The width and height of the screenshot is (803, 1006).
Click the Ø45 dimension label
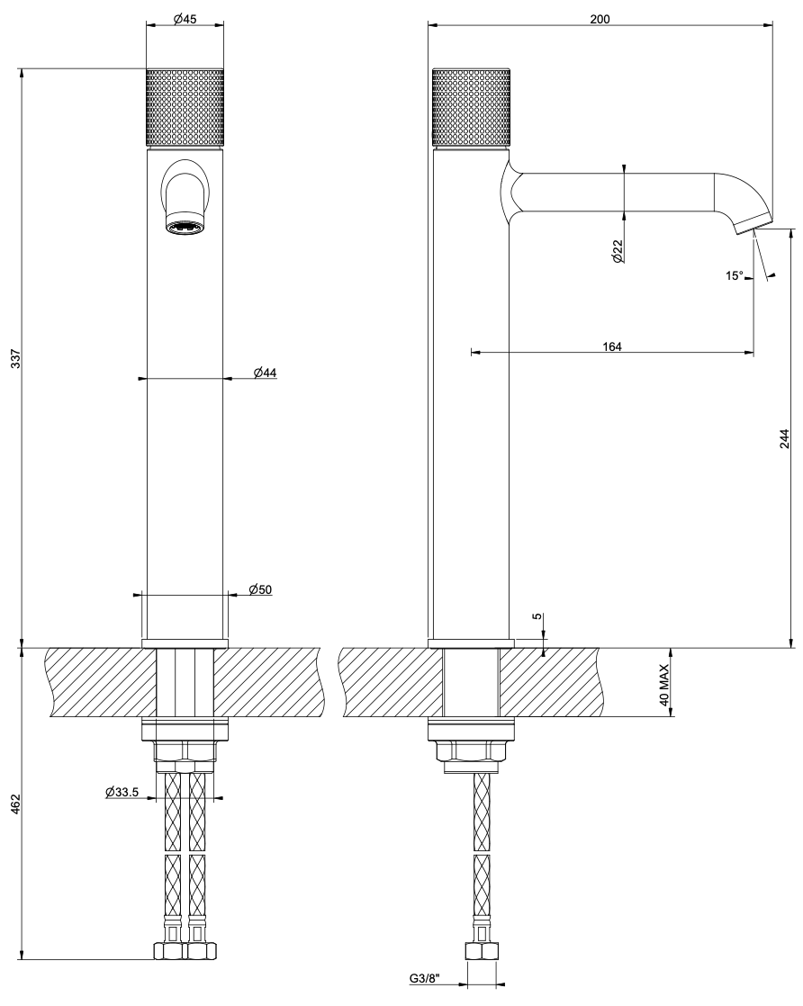tap(185, 19)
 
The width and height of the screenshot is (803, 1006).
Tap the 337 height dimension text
tap(17, 358)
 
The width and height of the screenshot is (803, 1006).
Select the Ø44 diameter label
tap(265, 373)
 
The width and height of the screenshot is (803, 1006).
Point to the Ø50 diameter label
tap(260, 589)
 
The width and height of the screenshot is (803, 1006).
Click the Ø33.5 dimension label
tap(122, 792)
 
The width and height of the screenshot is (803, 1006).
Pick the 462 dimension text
tap(17, 804)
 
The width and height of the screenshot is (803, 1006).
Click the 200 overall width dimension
tap(600, 19)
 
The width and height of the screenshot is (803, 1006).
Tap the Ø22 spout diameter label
tap(617, 251)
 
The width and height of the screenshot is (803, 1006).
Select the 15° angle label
tap(735, 276)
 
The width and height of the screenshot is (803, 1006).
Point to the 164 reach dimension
tap(612, 346)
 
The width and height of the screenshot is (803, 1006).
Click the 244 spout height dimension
tap(785, 438)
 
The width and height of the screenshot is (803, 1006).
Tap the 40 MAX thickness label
tap(664, 685)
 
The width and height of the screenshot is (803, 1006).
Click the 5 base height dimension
tap(537, 617)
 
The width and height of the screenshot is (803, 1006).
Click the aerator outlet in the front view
tap(185, 227)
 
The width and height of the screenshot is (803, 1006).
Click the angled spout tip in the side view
tap(753, 225)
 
